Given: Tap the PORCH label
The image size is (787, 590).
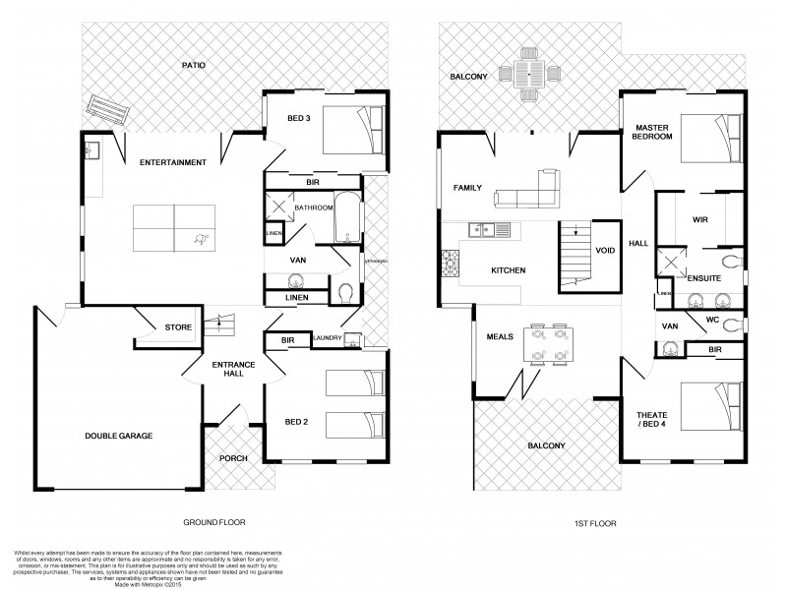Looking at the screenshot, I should tap(234, 458).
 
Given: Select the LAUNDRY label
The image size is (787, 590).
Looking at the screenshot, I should tap(326, 339).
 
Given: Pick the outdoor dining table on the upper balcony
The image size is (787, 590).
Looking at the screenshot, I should tap(528, 73).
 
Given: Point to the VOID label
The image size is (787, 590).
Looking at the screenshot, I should tap(605, 251).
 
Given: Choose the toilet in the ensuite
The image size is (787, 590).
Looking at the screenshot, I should tap(729, 262).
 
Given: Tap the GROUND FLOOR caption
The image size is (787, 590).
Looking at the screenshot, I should tap(214, 523).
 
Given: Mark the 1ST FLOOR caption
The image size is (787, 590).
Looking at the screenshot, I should tap(596, 524).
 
